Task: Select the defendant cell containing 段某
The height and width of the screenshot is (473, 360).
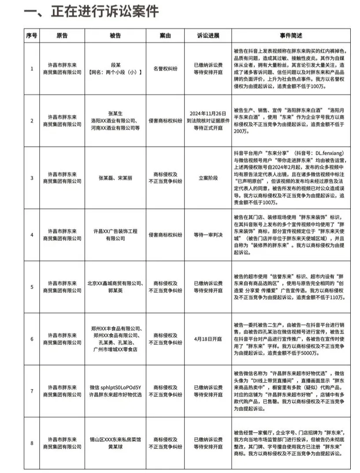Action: (x=115, y=68)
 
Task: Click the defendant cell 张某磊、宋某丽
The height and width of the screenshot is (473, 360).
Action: (x=115, y=178)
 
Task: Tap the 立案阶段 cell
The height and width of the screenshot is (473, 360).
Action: (x=208, y=178)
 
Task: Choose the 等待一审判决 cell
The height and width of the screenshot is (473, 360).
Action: (x=208, y=235)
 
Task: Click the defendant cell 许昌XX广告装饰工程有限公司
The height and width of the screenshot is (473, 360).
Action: (x=115, y=235)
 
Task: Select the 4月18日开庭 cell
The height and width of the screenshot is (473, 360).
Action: (x=208, y=339)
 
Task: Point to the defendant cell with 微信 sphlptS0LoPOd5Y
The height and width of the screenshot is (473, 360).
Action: (x=115, y=391)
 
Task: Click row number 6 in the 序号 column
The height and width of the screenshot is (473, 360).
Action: (x=32, y=339)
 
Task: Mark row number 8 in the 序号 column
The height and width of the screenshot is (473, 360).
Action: (x=32, y=443)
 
